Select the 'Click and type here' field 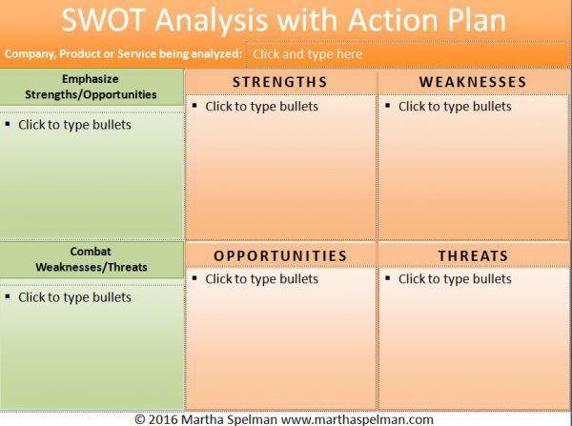(x=308, y=54)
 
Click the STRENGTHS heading (x=279, y=82)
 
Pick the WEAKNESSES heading (x=473, y=82)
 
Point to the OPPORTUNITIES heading (x=280, y=255)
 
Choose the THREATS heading (x=473, y=255)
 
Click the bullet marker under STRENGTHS (x=194, y=106)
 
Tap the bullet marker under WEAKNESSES (x=387, y=106)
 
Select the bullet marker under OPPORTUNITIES (x=194, y=278)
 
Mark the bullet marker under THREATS (x=387, y=278)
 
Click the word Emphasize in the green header (x=91, y=79)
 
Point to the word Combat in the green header (x=91, y=252)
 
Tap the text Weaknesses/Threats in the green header (x=92, y=267)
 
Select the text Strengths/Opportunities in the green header (x=91, y=94)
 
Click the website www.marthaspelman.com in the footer (x=357, y=419)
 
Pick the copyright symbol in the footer (x=140, y=419)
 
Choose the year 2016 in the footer (x=163, y=419)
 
